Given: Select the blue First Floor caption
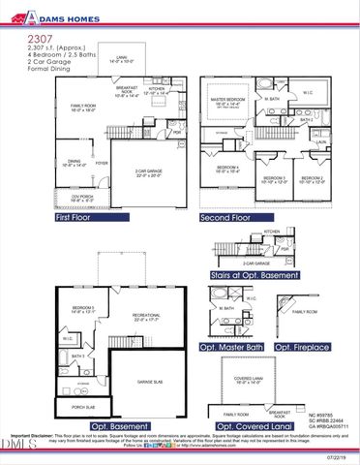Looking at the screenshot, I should (x=77, y=219).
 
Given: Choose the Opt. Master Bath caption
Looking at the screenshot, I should (x=230, y=346).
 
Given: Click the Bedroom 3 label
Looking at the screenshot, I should (x=275, y=178).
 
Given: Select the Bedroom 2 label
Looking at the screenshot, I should (x=314, y=178).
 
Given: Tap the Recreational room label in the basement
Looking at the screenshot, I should (x=146, y=316).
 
